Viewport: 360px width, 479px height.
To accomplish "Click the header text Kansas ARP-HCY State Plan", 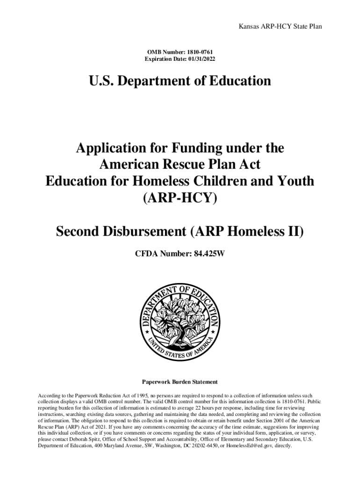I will (x=280, y=27).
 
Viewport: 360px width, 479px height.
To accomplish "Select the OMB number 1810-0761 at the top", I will (x=199, y=51).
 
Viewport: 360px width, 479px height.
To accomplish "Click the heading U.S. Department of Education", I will (x=180, y=81).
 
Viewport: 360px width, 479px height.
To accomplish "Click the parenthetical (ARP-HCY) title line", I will (x=180, y=198).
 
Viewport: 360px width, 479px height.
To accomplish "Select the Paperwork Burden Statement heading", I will (x=180, y=382).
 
